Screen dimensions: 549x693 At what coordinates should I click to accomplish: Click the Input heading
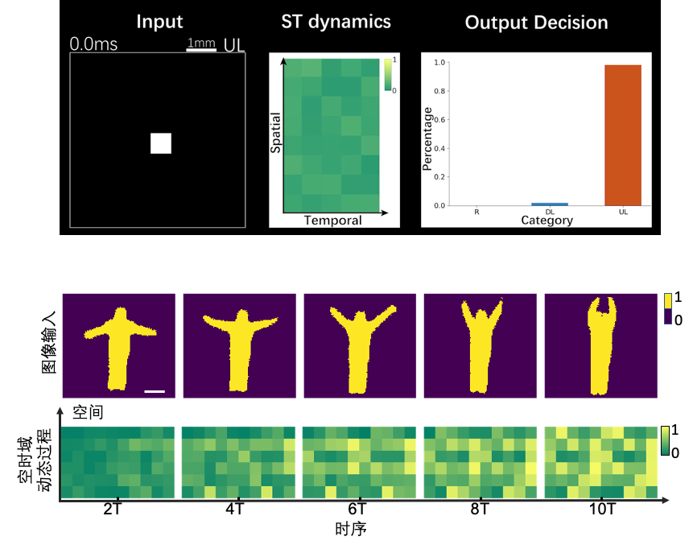tap(159, 22)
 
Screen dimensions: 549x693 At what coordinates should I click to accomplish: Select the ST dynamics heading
tap(336, 22)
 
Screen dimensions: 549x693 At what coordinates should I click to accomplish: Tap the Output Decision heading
tap(536, 23)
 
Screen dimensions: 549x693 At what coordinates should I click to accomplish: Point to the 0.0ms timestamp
tap(93, 44)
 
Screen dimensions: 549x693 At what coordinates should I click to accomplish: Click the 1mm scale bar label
tap(201, 42)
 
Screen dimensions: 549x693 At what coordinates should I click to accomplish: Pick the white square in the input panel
tap(161, 143)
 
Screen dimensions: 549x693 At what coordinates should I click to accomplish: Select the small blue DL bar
tap(550, 204)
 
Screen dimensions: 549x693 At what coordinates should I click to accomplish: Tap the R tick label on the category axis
tap(476, 213)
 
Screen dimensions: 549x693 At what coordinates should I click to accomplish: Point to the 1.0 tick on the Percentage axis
tap(439, 62)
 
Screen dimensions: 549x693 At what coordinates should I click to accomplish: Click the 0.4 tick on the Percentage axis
tap(439, 148)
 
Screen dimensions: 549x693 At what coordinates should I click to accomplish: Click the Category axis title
tap(547, 220)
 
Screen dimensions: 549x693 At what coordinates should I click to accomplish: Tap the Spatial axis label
tap(276, 135)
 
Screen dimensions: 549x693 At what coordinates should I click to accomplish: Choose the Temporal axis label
tap(332, 221)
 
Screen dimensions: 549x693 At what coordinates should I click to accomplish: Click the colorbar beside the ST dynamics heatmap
tap(388, 76)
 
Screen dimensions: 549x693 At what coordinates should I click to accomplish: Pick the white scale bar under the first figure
tap(155, 391)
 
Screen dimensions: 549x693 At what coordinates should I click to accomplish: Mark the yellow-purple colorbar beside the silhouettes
tap(667, 308)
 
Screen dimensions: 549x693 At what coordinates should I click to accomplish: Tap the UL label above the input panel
tap(234, 44)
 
